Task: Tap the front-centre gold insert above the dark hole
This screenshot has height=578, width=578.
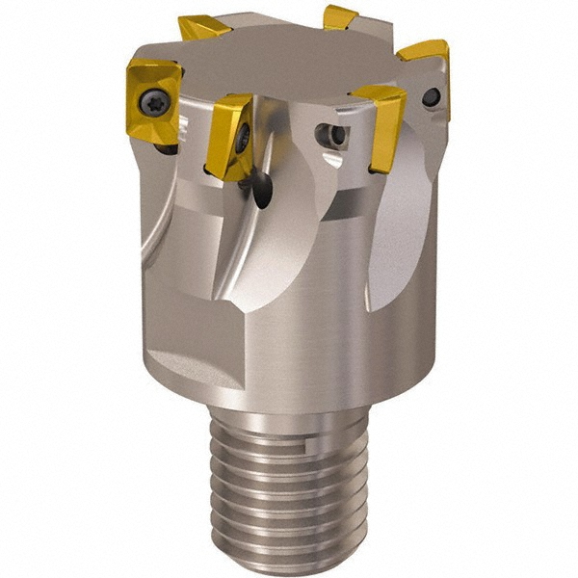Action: click(229, 135)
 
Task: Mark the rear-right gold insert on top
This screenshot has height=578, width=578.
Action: click(340, 17)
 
